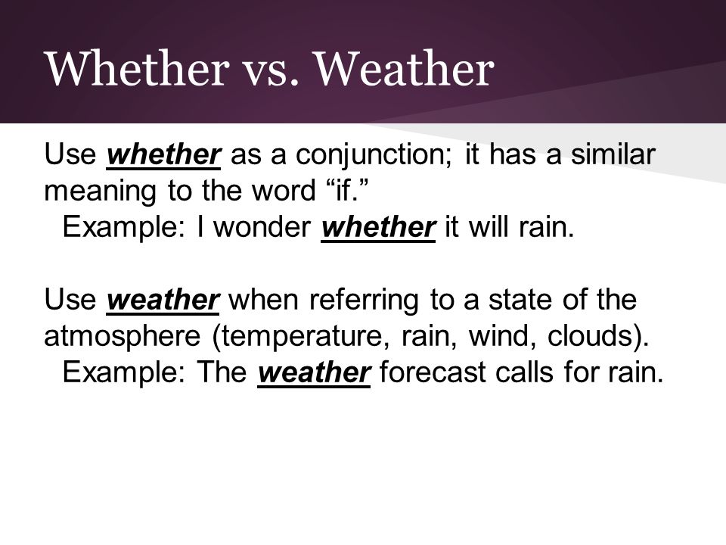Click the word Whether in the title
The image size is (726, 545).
pos(137,69)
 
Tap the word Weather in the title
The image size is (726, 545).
pos(405,69)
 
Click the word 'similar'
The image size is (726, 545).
pos(613,154)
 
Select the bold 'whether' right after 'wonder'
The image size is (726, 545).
pos(378,228)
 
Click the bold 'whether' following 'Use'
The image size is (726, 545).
pos(163,154)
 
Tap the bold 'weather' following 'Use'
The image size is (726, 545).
pos(163,300)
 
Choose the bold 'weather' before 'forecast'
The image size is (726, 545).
pos(314,372)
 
